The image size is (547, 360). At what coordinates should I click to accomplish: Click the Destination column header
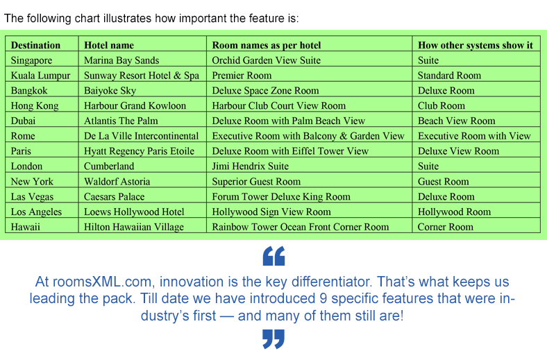click(35, 45)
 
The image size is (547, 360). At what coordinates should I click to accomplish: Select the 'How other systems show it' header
click(476, 45)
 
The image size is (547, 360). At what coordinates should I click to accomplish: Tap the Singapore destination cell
click(31, 60)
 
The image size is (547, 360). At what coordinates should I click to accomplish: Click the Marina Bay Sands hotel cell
click(121, 60)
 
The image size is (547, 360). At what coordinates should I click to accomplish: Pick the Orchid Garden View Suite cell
click(266, 60)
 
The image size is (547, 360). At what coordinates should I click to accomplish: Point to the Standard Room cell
click(449, 76)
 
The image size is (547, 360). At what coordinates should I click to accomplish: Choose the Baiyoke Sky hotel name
click(110, 91)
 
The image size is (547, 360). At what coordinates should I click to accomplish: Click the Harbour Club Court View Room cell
click(279, 106)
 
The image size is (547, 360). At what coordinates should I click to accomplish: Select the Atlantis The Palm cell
click(121, 121)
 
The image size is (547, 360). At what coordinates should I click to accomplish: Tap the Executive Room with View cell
click(474, 136)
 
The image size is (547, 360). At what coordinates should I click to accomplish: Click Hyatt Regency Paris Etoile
click(140, 152)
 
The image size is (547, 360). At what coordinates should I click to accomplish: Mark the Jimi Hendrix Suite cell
click(251, 166)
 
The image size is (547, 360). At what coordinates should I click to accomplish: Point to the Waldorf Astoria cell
click(117, 182)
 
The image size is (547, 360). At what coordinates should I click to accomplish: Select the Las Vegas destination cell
click(32, 197)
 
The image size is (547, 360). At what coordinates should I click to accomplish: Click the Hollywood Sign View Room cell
click(271, 212)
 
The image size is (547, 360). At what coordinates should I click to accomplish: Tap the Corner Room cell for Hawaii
click(446, 227)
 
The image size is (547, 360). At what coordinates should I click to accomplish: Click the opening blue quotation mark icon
click(274, 256)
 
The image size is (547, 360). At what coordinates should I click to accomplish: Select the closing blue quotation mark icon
click(273, 339)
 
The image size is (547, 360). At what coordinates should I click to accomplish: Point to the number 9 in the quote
click(323, 299)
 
